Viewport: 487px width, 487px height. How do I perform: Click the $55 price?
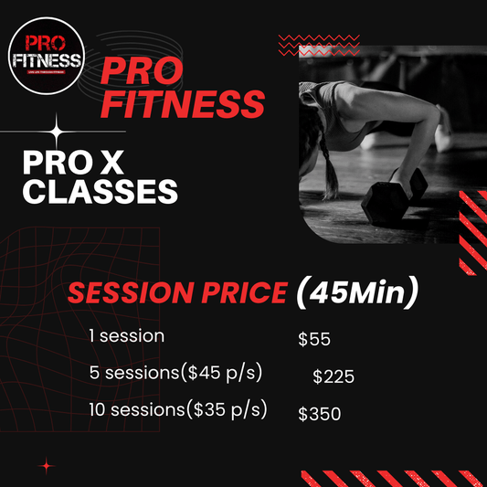coord(314,340)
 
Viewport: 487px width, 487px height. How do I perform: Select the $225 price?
coord(333,376)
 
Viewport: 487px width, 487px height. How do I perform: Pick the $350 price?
coord(319,414)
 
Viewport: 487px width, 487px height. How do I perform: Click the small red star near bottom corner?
coord(48,466)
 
